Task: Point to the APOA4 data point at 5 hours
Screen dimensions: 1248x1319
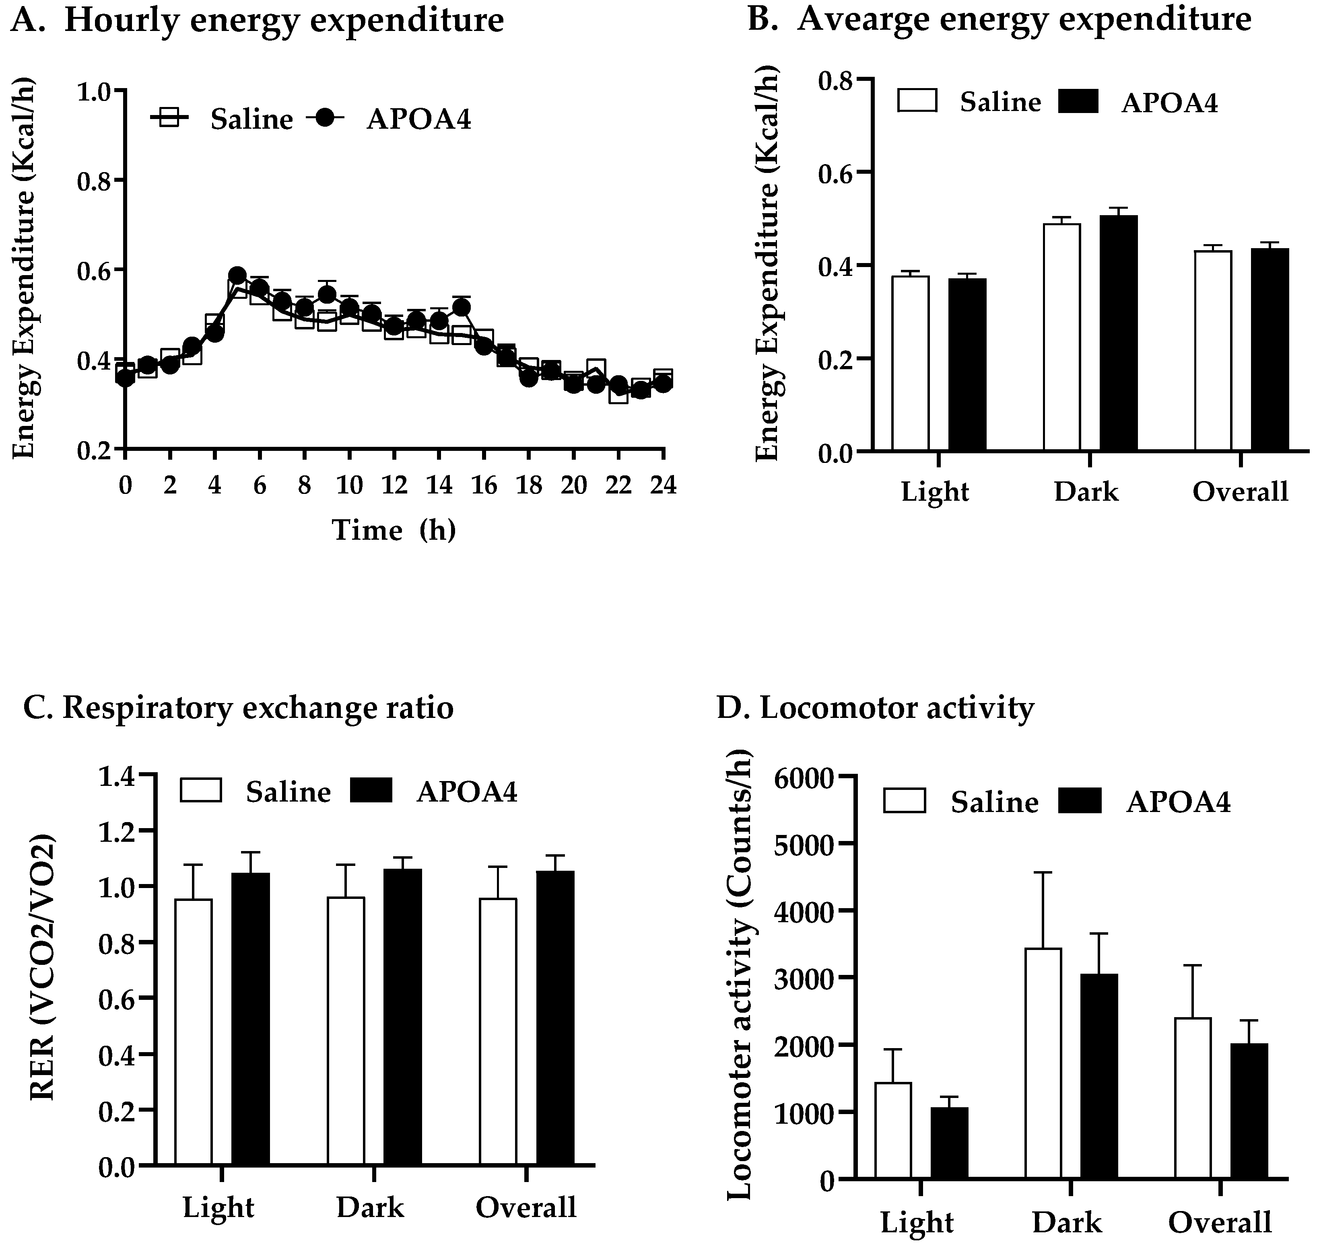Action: [x=237, y=276]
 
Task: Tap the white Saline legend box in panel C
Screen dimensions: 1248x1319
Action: [x=200, y=790]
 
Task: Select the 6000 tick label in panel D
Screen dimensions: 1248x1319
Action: [x=804, y=778]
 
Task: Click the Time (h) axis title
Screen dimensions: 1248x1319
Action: [x=394, y=530]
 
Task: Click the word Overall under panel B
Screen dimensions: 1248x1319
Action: [x=1241, y=491]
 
